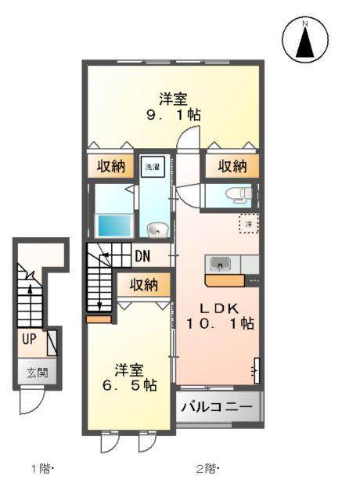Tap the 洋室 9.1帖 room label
(173, 106)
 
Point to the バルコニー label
(218, 407)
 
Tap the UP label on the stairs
(29, 340)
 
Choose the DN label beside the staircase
(142, 256)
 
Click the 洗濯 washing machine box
(151, 167)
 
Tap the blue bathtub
(113, 225)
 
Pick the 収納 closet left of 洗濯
(110, 167)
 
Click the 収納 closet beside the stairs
(144, 284)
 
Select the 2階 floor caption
(205, 469)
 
